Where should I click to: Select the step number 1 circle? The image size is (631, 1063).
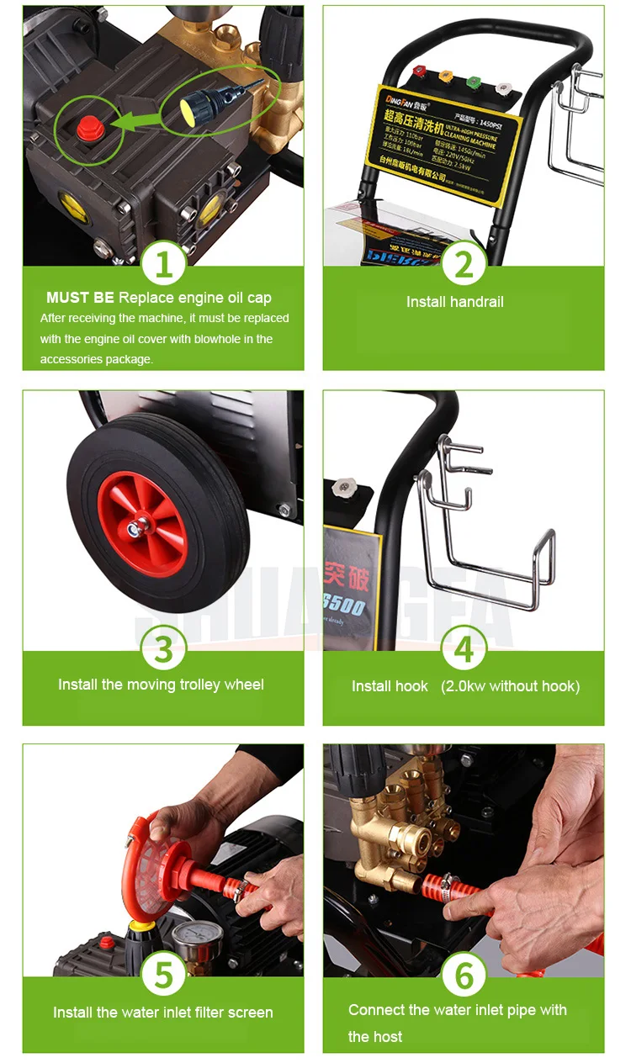(163, 264)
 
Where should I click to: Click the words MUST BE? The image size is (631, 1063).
(80, 298)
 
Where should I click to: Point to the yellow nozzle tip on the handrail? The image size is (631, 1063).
(445, 77)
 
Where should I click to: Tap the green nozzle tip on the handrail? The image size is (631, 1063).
(474, 82)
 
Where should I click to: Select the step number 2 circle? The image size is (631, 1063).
(464, 264)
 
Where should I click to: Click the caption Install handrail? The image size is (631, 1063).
(454, 302)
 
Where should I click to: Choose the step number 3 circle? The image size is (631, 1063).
(163, 648)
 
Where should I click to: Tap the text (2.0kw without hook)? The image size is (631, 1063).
(510, 686)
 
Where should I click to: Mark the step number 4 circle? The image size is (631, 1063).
(464, 648)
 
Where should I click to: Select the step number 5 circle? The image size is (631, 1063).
(163, 975)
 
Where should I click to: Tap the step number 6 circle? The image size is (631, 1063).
(464, 975)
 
